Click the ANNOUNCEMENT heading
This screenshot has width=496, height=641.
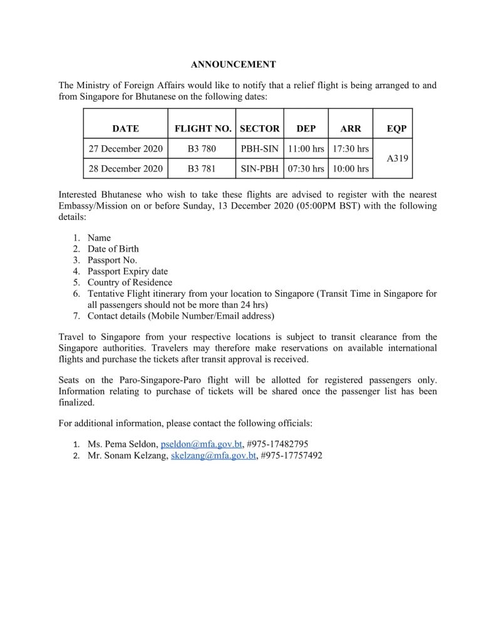click(x=233, y=64)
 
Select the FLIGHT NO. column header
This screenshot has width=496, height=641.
click(x=202, y=129)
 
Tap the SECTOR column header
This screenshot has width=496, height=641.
click(x=260, y=129)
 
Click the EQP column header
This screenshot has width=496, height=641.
click(x=397, y=129)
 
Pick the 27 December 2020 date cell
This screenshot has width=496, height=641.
click(x=125, y=149)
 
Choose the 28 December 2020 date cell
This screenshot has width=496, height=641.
click(x=125, y=169)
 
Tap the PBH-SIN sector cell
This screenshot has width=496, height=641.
click(x=260, y=149)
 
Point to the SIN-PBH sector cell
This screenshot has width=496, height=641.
click(x=260, y=169)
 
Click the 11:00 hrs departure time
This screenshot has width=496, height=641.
click(x=306, y=149)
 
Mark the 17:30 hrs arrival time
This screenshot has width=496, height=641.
click(x=351, y=149)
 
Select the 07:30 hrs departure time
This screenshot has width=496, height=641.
click(x=306, y=169)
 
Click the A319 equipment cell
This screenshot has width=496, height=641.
click(x=397, y=159)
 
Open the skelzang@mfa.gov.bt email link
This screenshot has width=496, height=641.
click(x=214, y=456)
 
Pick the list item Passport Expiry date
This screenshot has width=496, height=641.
click(x=128, y=271)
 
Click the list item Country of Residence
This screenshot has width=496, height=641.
click(x=130, y=282)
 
